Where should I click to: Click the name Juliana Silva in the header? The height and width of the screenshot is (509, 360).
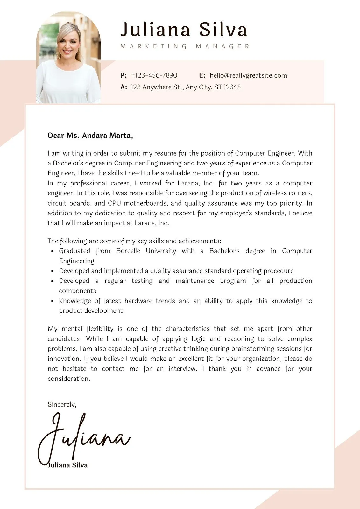184,30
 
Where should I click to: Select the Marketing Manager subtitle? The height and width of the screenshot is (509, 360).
185,46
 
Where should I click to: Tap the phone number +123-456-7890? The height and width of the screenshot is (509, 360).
154,75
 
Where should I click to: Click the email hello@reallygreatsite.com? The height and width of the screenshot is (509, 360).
248,75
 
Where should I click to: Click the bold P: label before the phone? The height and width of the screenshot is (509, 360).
124,75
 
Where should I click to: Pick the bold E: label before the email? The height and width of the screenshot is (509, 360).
202,75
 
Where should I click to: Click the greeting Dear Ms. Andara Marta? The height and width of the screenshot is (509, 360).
90,136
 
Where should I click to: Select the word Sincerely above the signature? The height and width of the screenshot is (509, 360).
62,404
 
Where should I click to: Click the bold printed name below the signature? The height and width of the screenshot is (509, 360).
67,465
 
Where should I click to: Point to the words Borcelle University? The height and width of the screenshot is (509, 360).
146,251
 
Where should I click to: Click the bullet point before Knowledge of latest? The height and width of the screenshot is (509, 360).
53,301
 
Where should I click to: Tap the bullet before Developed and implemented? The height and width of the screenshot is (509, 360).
53,271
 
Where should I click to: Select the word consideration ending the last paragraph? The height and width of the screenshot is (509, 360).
69,379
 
